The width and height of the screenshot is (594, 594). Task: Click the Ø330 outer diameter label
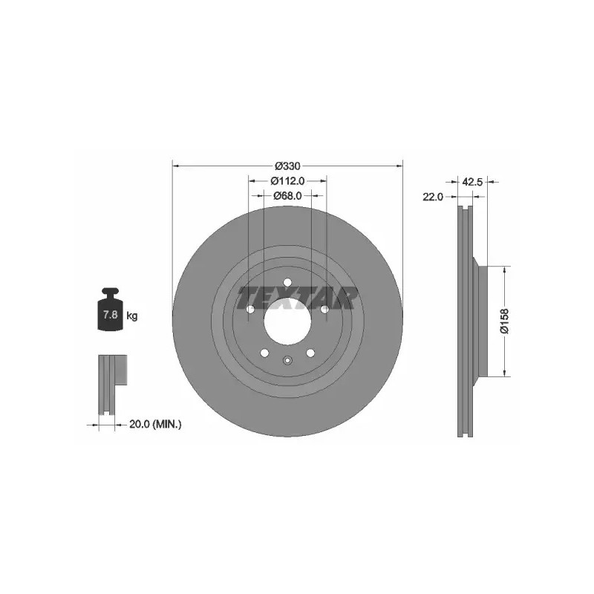click(287, 166)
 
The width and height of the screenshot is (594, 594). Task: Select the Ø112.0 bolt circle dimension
click(287, 181)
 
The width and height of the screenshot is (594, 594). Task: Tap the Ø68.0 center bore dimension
click(287, 195)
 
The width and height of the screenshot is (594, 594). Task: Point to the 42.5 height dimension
click(472, 182)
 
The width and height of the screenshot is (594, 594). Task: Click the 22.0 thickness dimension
click(433, 197)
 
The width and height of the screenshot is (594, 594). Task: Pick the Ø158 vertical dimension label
click(505, 322)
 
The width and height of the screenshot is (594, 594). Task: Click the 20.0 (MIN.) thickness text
click(155, 424)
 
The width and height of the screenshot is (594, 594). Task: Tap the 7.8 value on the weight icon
click(110, 314)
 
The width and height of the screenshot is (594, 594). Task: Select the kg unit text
click(132, 316)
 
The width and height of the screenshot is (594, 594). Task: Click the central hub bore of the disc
click(287, 322)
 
